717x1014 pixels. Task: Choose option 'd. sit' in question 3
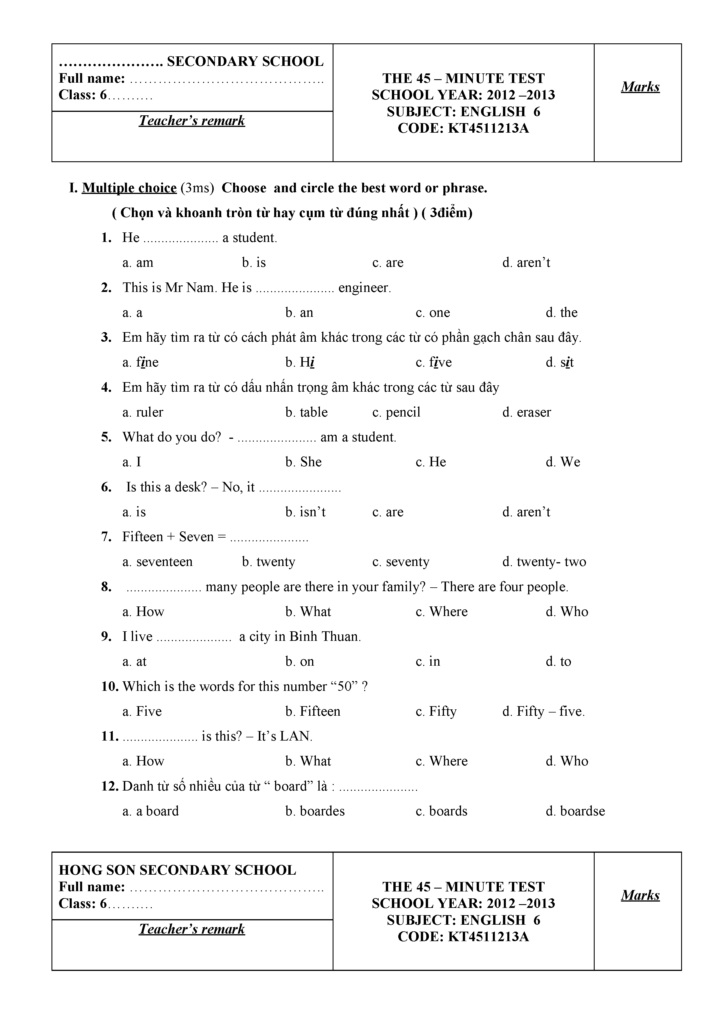[x=559, y=362]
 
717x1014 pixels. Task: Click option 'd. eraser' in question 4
[x=527, y=412]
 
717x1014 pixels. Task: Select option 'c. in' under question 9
[x=428, y=662]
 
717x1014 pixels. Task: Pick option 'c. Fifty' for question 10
[x=436, y=711]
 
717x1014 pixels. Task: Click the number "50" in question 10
[x=344, y=687]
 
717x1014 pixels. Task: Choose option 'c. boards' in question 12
[x=441, y=811]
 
